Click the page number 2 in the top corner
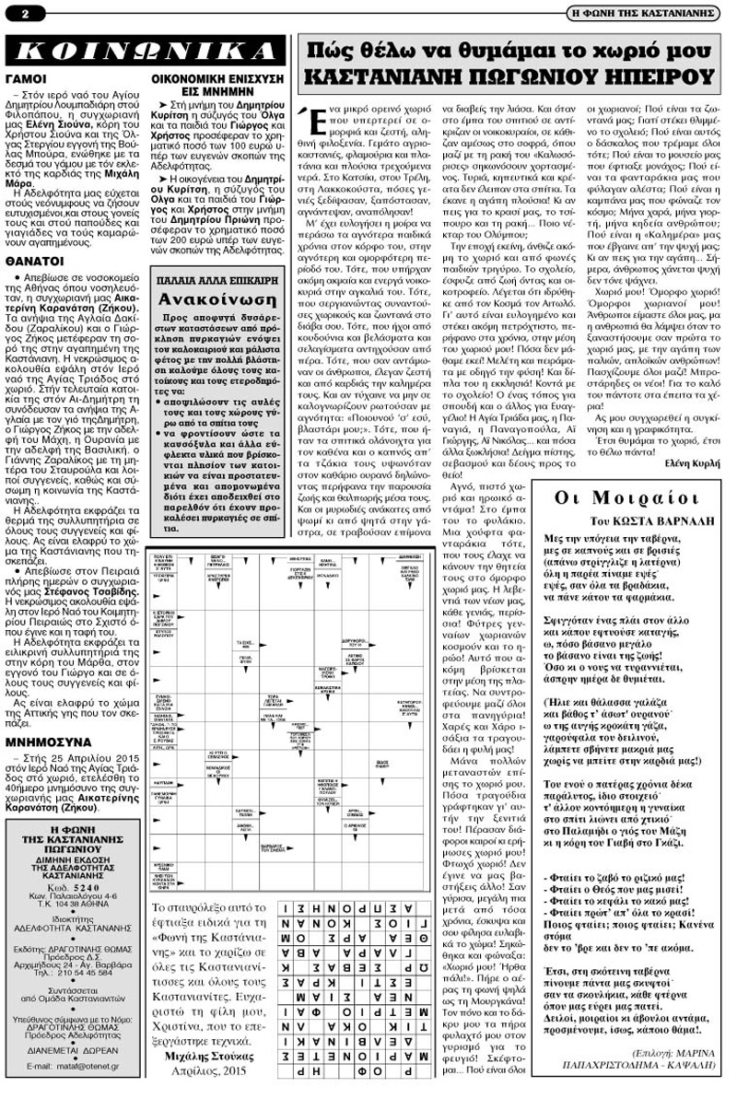[15, 12]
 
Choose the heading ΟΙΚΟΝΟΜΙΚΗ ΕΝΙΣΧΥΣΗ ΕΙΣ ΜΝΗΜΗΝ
[217, 86]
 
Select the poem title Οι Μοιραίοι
[635, 498]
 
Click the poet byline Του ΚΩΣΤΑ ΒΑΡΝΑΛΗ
[635, 520]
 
